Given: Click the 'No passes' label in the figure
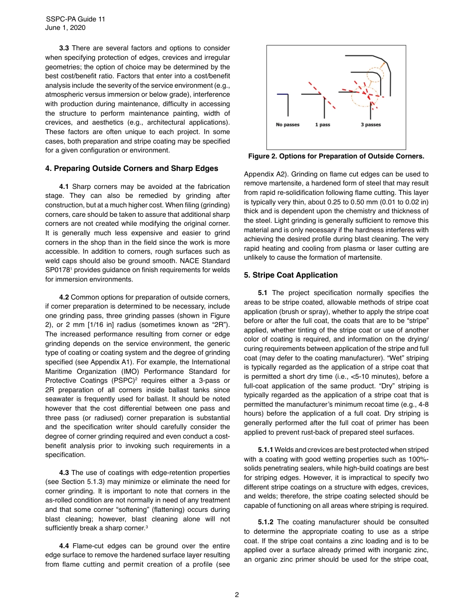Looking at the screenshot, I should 288,125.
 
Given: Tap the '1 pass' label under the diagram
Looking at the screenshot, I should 322,125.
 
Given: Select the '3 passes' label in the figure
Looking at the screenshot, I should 371,125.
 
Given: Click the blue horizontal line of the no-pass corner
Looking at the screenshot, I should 282,94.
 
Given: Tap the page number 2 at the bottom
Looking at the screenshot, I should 237,594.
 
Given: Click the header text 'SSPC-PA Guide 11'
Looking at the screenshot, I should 75,19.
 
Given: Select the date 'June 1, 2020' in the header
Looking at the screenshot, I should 65,28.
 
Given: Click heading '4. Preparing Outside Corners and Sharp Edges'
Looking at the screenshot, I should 131,168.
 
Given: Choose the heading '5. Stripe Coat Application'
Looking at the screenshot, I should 291,275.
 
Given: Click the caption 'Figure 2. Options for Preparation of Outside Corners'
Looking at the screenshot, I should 336,156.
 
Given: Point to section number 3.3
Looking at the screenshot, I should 64,48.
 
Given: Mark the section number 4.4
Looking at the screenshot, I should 64,545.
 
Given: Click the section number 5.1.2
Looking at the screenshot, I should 266,522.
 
